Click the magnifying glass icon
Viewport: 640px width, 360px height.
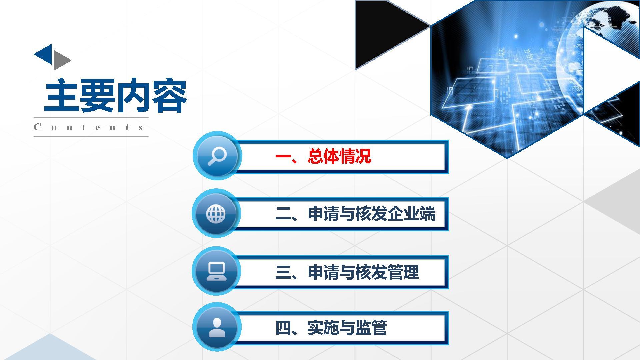pos(217,156)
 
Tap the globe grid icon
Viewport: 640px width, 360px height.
pos(216,214)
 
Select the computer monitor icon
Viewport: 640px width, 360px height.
pos(216,271)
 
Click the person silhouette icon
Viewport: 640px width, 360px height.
pos(217,327)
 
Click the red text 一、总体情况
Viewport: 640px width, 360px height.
pos(323,156)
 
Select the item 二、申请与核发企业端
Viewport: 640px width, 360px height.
pos(355,214)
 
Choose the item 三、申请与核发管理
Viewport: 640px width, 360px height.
pos(347,272)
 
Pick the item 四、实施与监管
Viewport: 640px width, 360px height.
pos(331,328)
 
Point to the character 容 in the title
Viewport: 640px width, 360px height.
pos(170,95)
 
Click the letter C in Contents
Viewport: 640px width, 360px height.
pos(37,127)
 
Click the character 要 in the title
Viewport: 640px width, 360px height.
pos(98,95)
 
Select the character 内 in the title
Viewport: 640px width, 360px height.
pos(134,95)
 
